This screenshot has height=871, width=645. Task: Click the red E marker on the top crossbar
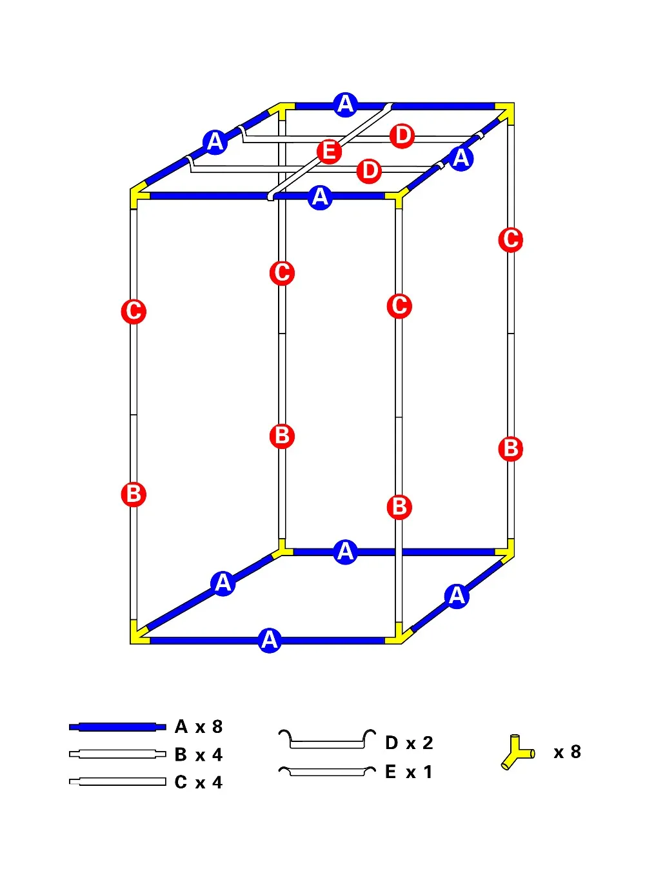point(329,151)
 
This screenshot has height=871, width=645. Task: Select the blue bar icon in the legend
point(117,726)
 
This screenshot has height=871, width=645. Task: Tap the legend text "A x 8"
point(199,727)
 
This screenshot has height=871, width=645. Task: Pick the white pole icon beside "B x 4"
point(117,754)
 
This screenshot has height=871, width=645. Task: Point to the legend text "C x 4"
point(199,782)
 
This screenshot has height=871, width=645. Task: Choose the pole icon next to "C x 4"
point(117,782)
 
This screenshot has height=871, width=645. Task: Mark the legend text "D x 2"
point(409,743)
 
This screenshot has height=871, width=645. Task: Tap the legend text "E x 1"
point(408,772)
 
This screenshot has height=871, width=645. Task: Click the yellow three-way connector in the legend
point(517,752)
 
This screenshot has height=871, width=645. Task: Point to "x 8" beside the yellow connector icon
point(567,752)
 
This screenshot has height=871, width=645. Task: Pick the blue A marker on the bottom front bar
point(270,641)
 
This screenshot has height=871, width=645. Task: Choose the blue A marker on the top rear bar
point(346,105)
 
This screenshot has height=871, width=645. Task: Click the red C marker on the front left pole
point(134,312)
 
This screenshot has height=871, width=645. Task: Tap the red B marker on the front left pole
point(134,494)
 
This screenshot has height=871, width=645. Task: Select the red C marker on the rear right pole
point(510,239)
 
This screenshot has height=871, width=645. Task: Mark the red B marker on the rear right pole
point(510,448)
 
